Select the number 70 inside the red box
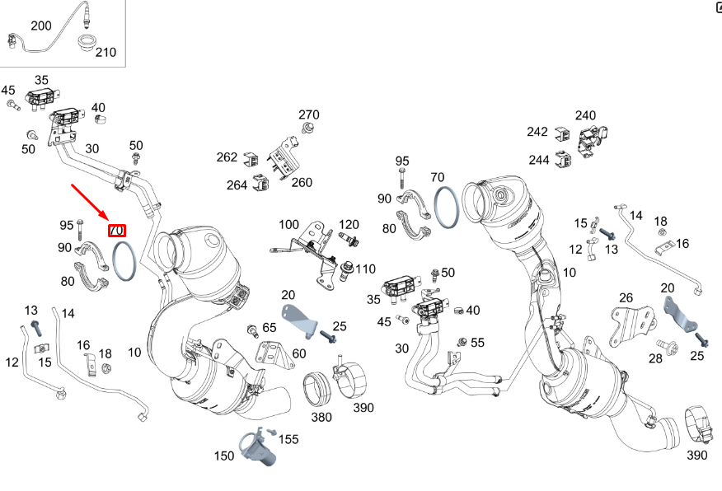click(x=117, y=231)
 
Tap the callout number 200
click(x=40, y=26)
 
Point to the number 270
click(x=309, y=115)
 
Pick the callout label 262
click(x=227, y=157)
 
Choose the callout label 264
click(x=237, y=185)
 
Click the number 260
click(x=302, y=182)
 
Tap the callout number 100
click(x=288, y=224)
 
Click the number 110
click(x=365, y=269)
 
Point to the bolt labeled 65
click(x=252, y=330)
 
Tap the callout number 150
click(x=224, y=456)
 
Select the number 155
click(x=288, y=440)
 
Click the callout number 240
click(x=585, y=115)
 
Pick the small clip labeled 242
click(x=562, y=133)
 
